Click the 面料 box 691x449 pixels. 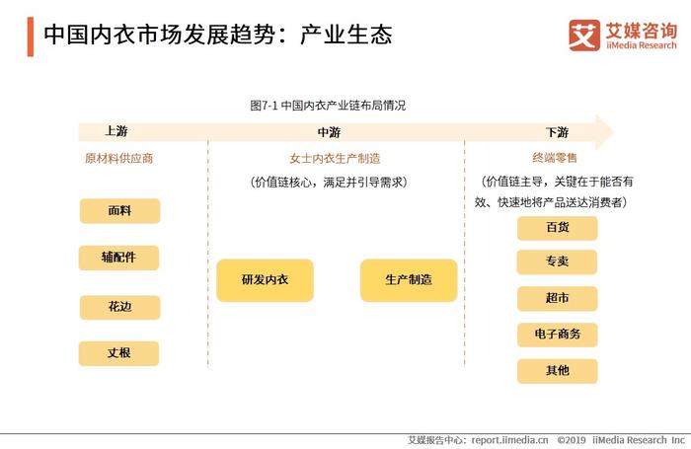tap(119, 211)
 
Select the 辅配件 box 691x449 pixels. tap(119, 258)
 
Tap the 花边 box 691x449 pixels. tap(119, 307)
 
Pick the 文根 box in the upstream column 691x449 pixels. tap(119, 353)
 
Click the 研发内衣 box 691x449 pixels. tap(265, 280)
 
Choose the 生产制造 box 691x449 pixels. tap(409, 280)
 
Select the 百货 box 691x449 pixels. tap(557, 228)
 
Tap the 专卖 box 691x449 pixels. tap(557, 262)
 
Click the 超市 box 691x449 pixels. tap(557, 298)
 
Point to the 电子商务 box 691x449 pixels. tap(557, 335)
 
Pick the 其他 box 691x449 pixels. tap(557, 371)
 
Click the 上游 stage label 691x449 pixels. tap(116, 131)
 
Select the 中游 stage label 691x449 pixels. tap(329, 132)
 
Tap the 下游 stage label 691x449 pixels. tap(557, 132)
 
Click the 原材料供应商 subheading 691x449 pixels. tap(119, 158)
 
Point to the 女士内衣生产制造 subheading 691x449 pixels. tap(335, 159)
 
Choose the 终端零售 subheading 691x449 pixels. tap(555, 157)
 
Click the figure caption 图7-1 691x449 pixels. tap(264, 106)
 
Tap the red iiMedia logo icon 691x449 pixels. tap(584, 36)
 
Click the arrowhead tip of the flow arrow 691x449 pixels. tap(613, 131)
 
